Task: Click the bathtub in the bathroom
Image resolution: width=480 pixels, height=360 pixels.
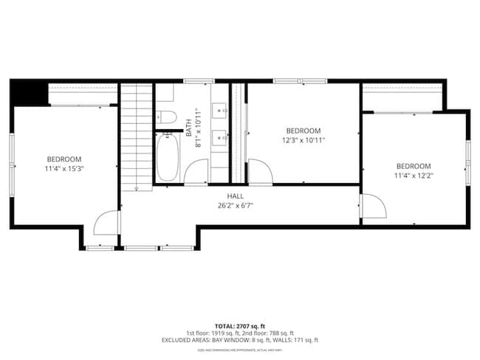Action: pyautogui.click(x=167, y=157)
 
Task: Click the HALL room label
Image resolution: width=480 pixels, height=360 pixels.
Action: pyautogui.click(x=236, y=196)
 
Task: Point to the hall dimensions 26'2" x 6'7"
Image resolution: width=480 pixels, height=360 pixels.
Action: pyautogui.click(x=236, y=206)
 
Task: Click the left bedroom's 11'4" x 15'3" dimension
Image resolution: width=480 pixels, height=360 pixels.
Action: pyautogui.click(x=64, y=169)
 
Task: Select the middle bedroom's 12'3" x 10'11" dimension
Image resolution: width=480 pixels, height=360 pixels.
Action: pyautogui.click(x=304, y=140)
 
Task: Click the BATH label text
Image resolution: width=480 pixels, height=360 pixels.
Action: pyautogui.click(x=189, y=130)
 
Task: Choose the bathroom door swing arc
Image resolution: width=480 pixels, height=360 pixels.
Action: pyautogui.click(x=196, y=171)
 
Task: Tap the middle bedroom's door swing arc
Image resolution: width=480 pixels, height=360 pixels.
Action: pyautogui.click(x=260, y=171)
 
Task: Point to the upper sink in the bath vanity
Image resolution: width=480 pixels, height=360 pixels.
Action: pyautogui.click(x=220, y=111)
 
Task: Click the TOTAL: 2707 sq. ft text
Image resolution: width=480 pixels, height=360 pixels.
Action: pyautogui.click(x=239, y=325)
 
